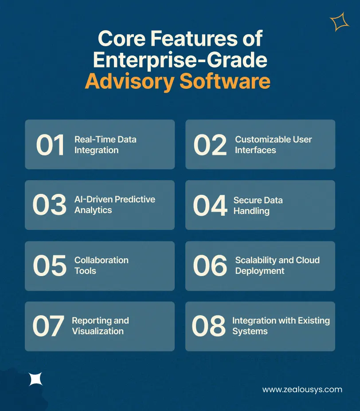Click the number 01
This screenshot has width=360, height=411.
coord(50,145)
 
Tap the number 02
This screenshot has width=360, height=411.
coord(210,145)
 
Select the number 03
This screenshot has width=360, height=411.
coord(49,205)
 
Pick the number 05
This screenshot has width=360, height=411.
coord(49,265)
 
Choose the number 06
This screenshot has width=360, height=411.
coord(210,265)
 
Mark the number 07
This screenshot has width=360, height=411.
coord(48,326)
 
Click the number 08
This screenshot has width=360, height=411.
coord(209,326)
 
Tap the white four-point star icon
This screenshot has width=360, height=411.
coord(35,379)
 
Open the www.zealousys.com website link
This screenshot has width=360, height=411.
coord(302,390)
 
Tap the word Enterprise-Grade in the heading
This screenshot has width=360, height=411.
coord(180,60)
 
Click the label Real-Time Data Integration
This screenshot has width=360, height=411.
coord(105,145)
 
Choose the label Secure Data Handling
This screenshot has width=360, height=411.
coord(258,205)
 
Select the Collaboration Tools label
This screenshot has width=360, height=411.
coord(101,265)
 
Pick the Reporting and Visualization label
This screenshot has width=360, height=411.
coord(100,326)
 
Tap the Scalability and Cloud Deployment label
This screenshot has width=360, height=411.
coord(277,265)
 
